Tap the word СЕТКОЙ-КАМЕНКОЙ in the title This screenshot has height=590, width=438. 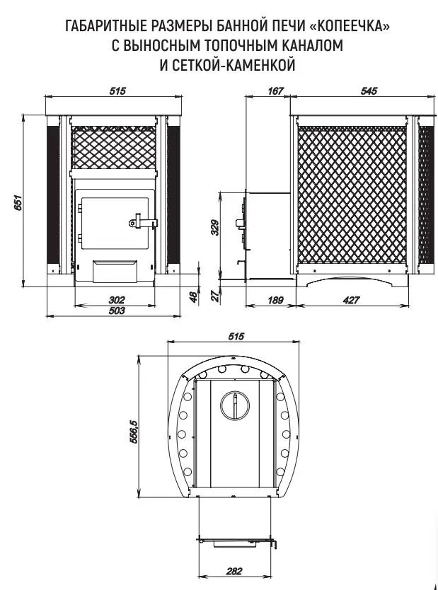(x=234, y=64)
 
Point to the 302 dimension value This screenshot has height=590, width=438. (x=116, y=300)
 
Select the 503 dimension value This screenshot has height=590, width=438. (x=116, y=311)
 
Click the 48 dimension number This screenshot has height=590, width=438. (x=193, y=297)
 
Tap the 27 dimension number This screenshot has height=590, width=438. (x=215, y=296)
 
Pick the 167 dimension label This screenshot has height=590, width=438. (x=275, y=91)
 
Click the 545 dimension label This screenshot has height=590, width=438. (x=369, y=91)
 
